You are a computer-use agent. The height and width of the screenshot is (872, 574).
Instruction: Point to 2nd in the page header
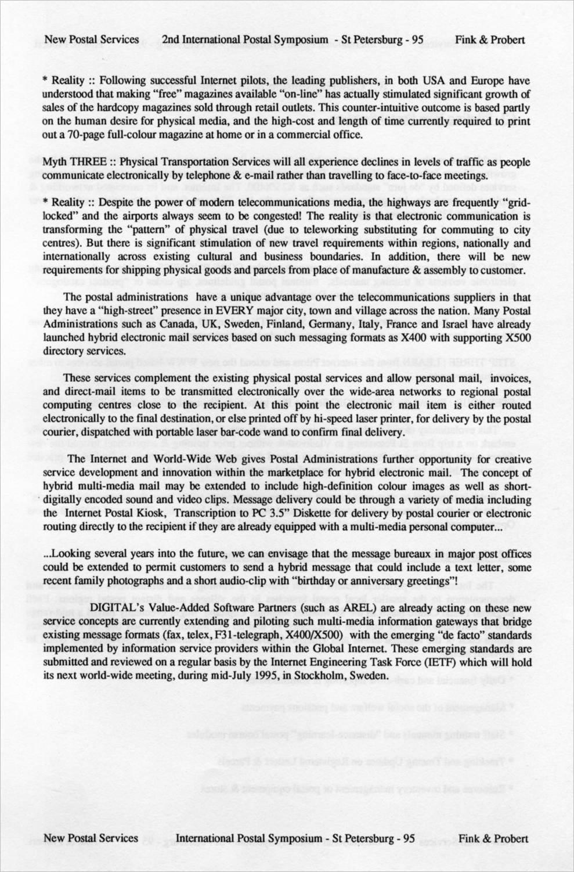pyautogui.click(x=171, y=40)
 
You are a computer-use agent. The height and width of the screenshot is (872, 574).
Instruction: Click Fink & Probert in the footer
pyautogui.click(x=493, y=838)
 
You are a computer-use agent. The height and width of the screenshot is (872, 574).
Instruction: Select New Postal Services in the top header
pyautogui.click(x=92, y=40)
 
